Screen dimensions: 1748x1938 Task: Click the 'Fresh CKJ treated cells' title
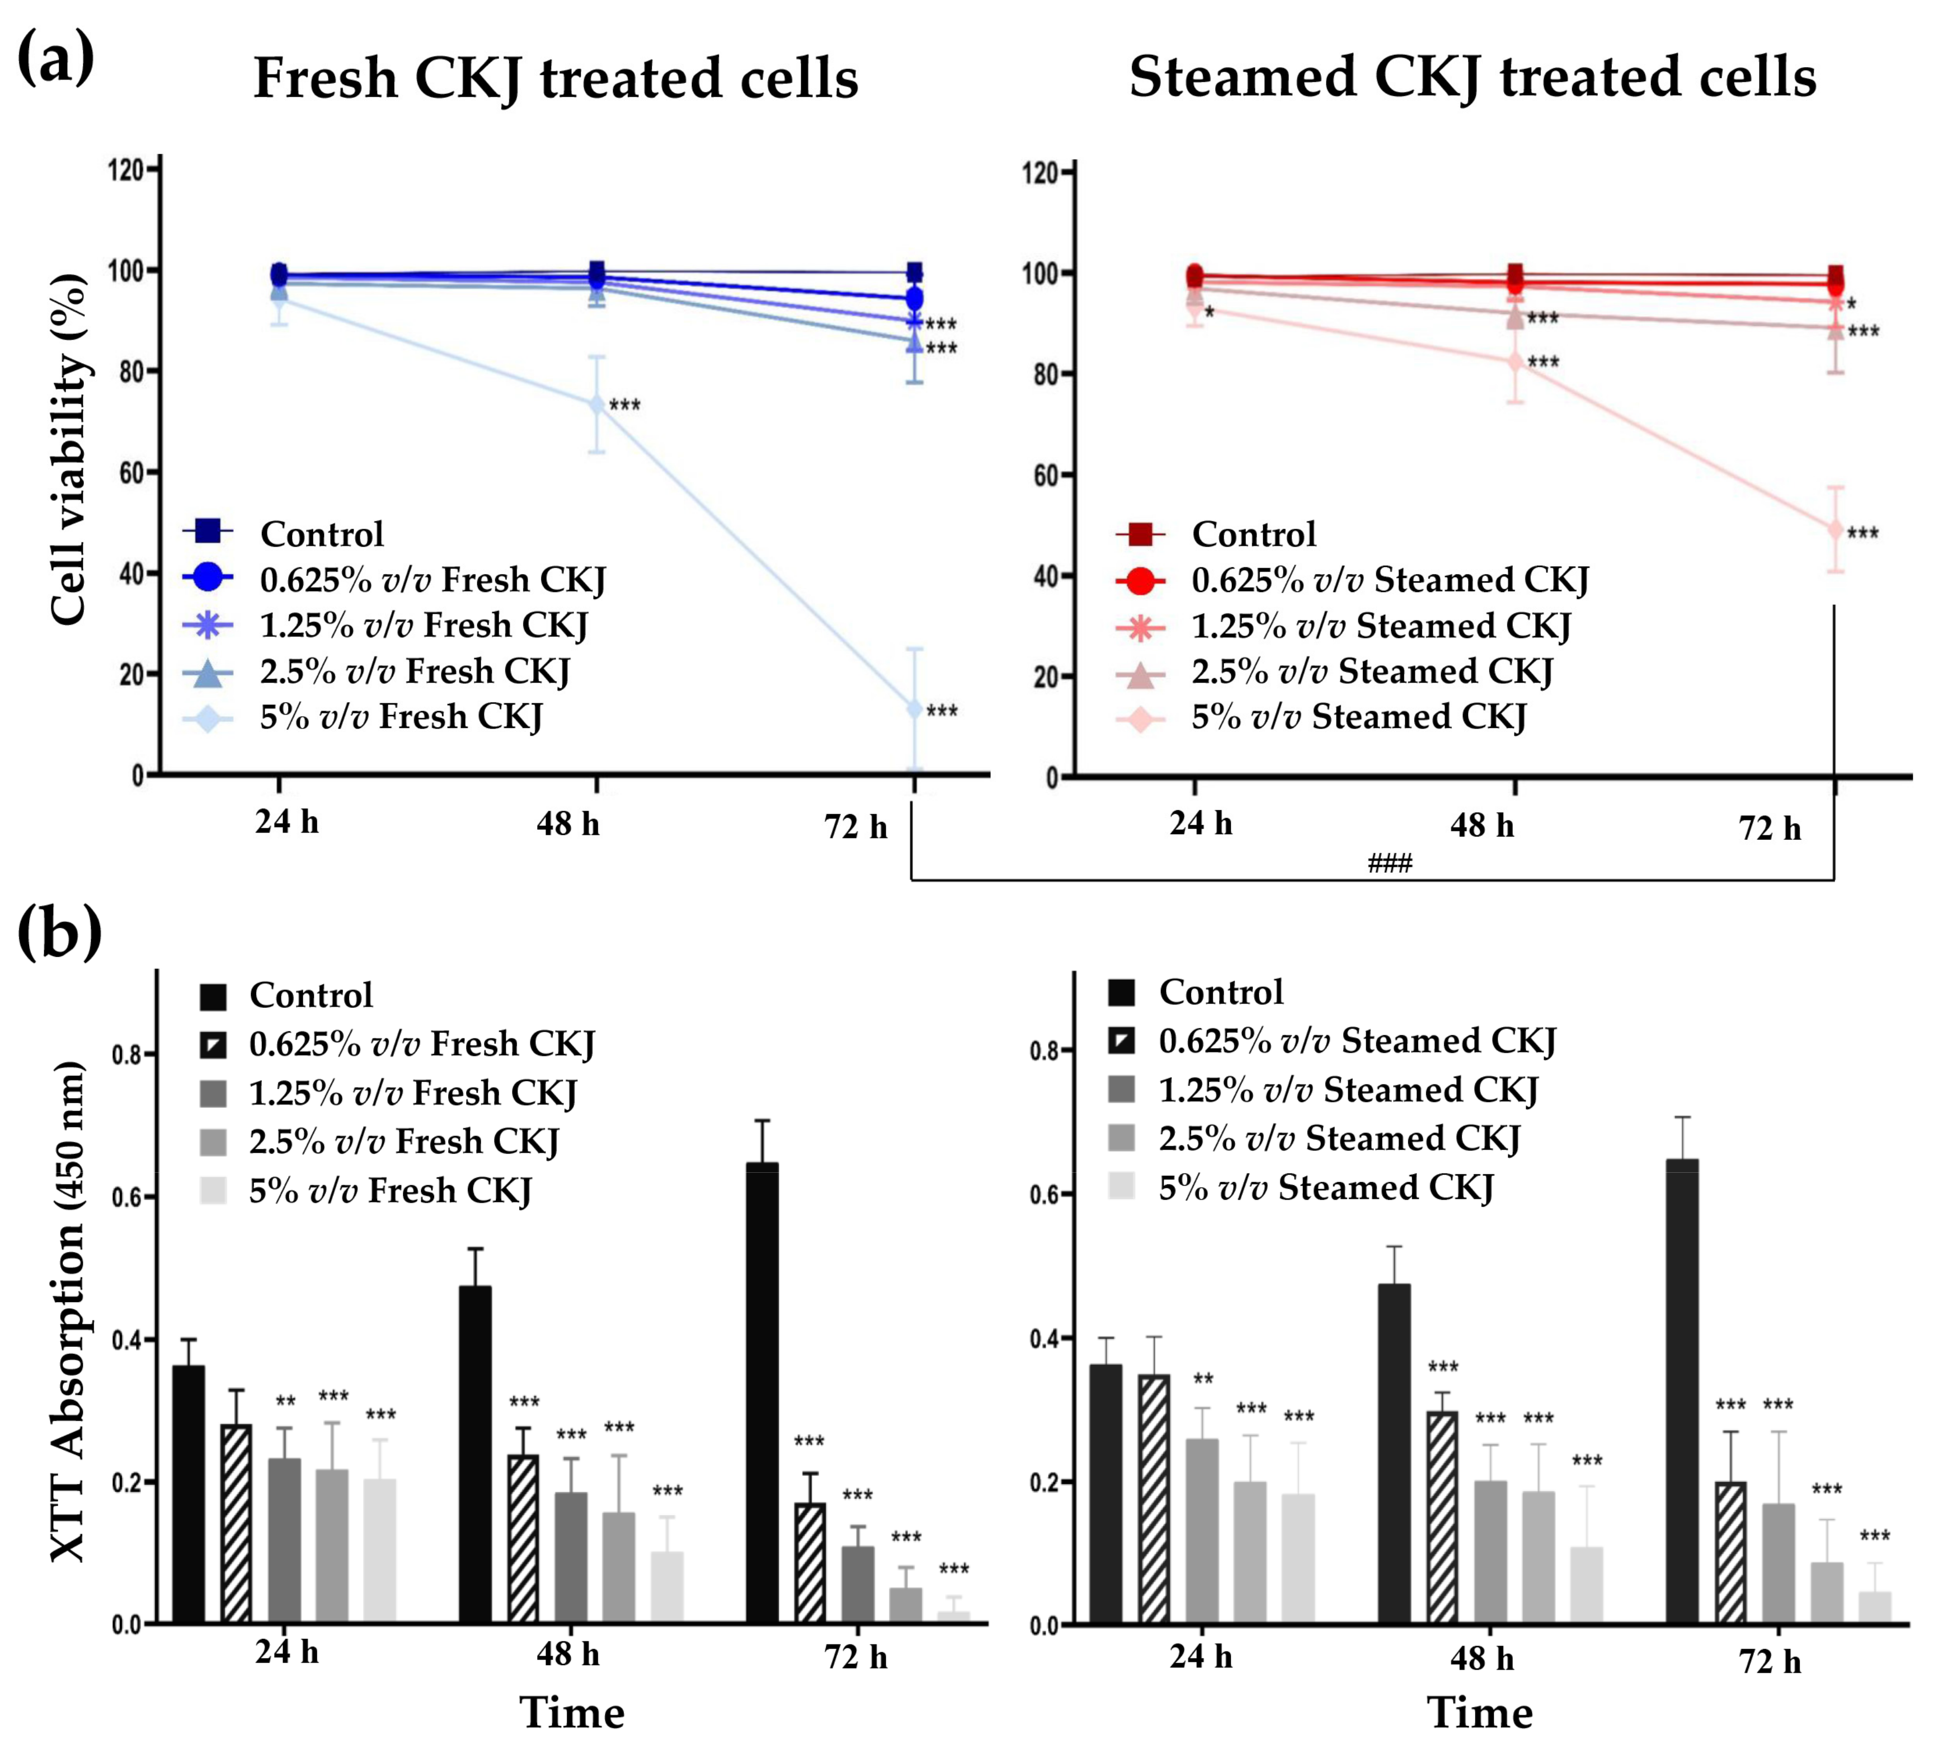(x=555, y=79)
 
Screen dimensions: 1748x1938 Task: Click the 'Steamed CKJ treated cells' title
(x=1471, y=77)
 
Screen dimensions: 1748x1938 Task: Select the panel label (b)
(x=59, y=932)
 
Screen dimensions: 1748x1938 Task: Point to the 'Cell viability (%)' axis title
(x=69, y=449)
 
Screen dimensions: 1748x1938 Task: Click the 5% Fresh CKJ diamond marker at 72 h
(x=914, y=709)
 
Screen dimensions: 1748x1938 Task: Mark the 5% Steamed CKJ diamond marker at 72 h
(x=1834, y=529)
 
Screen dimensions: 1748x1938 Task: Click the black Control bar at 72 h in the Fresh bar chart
(x=761, y=1393)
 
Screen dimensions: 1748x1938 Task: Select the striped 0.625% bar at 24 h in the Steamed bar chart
(x=1154, y=1498)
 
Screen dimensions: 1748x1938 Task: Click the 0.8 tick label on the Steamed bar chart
(x=1045, y=1051)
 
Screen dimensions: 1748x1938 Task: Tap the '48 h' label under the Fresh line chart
(x=567, y=823)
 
